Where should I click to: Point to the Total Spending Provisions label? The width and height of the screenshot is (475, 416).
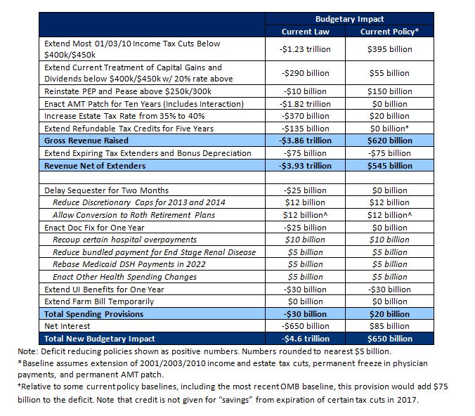coord(93,313)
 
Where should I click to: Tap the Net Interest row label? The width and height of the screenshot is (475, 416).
coord(67,325)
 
